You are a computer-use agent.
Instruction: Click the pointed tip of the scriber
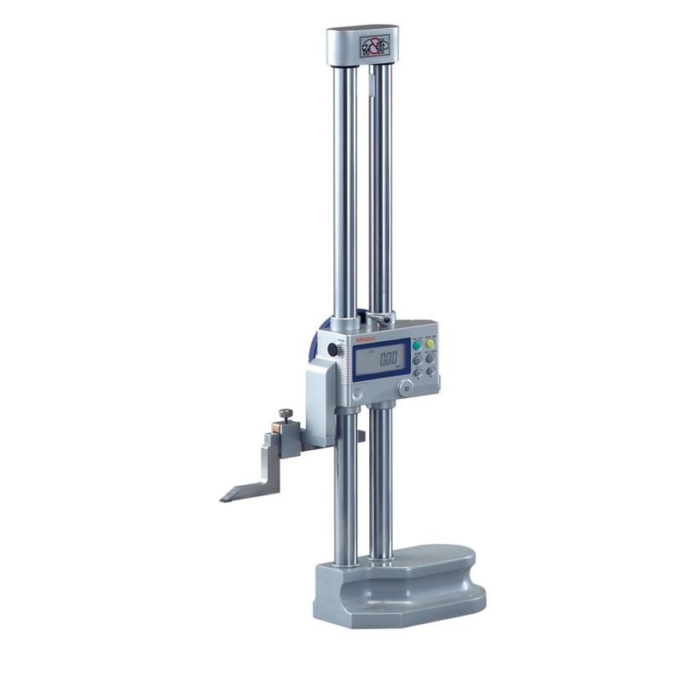[x=223, y=498]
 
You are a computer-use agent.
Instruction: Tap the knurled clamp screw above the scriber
[x=285, y=415]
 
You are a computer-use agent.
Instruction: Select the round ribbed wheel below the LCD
[x=405, y=387]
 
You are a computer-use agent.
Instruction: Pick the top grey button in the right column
[x=430, y=359]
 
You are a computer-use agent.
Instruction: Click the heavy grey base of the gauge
[x=401, y=588]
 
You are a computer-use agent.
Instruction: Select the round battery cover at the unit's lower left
[x=357, y=393]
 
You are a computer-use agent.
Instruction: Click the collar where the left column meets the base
[x=345, y=563]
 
